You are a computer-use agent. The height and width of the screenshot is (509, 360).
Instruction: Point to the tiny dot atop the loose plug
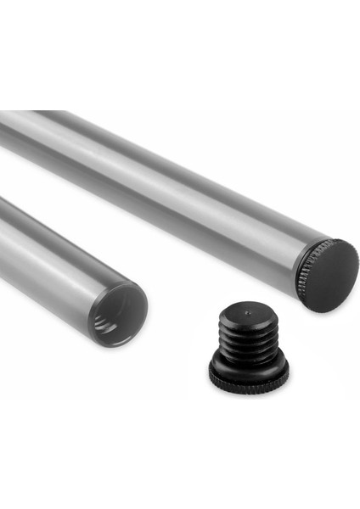[x=247, y=312]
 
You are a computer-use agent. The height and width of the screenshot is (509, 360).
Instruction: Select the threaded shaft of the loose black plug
[x=248, y=339]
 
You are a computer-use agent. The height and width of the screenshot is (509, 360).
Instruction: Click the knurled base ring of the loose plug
[x=249, y=373]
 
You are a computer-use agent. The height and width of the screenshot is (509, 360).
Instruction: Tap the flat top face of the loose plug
[x=248, y=315]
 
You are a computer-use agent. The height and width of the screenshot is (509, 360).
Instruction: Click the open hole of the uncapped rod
[x=119, y=315]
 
